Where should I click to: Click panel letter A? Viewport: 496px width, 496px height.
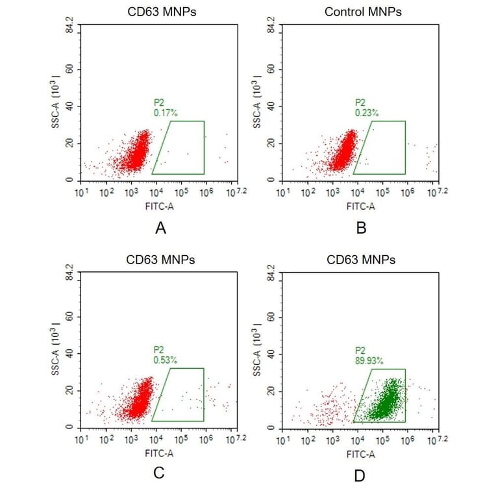pos(160,228)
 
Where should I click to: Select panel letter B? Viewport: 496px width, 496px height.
pos(362,228)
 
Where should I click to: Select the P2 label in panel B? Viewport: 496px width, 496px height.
pos(360,103)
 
